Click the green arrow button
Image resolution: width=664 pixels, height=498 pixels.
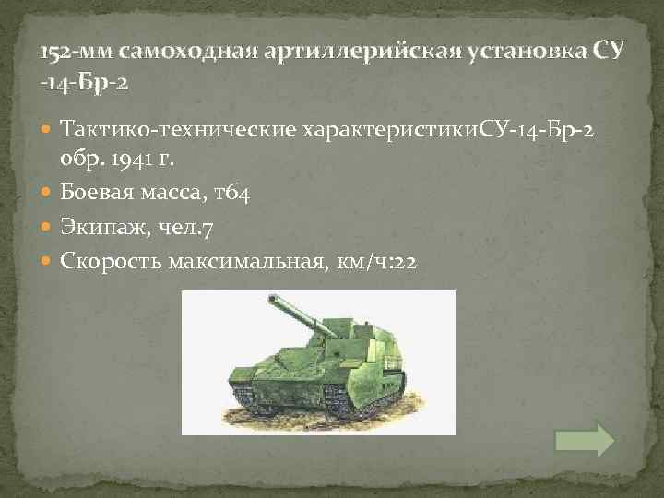point(585,439)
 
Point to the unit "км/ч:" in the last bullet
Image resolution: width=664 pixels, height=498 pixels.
point(362,262)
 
